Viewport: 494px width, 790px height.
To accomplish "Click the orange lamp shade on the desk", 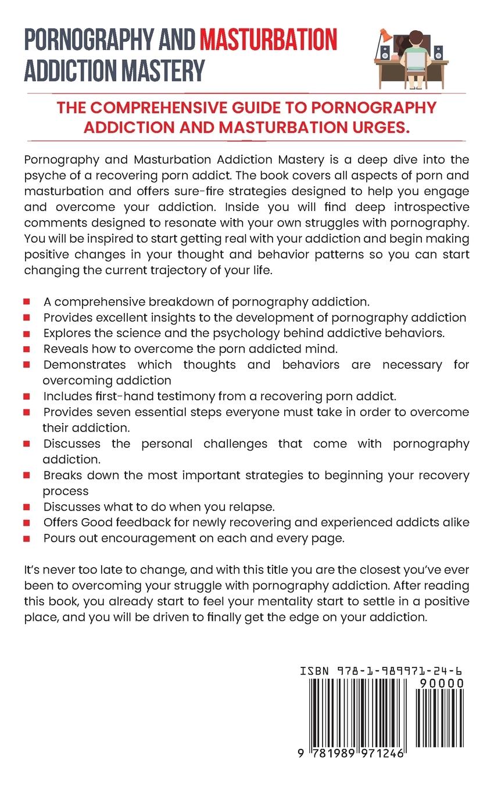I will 385,35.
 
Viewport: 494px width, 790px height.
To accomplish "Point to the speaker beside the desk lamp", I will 384,53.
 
